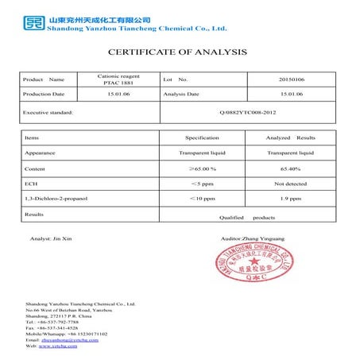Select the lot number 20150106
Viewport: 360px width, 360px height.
[x=292, y=79]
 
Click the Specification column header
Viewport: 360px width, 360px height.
[x=202, y=137]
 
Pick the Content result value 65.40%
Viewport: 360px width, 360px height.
[x=291, y=169]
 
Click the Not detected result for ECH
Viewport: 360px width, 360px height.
[x=291, y=184]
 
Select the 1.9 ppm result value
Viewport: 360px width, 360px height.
[x=291, y=199]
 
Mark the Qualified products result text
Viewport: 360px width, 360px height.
[x=246, y=217]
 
